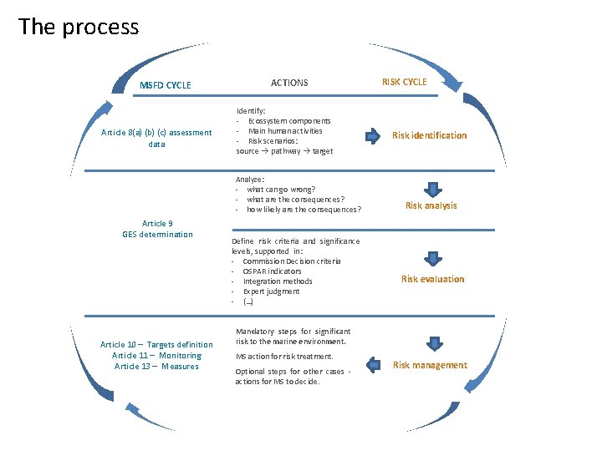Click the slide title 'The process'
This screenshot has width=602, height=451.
[x=79, y=27]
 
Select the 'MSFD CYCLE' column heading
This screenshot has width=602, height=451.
[x=165, y=85]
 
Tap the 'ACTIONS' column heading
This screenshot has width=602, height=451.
[x=289, y=83]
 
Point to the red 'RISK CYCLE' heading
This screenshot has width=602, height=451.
[x=404, y=82]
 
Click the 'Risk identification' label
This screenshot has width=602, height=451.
[x=430, y=135]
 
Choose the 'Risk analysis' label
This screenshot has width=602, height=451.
[x=431, y=205]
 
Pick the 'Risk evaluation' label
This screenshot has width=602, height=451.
[x=432, y=279]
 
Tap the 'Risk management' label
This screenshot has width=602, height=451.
[x=430, y=365]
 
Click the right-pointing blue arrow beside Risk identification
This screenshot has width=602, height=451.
[x=370, y=134]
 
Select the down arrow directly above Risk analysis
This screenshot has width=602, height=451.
[x=432, y=186]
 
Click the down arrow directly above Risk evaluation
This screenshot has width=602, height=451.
[x=432, y=258]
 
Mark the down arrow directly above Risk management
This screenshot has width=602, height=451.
[x=432, y=343]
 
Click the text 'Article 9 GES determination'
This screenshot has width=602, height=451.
[x=157, y=229]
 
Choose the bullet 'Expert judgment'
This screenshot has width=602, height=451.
[x=271, y=291]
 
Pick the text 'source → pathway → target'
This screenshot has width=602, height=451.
[x=284, y=151]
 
